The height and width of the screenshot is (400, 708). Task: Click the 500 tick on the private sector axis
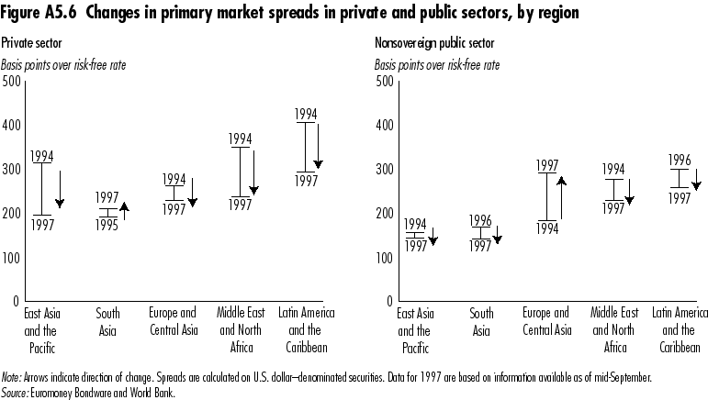(x=11, y=82)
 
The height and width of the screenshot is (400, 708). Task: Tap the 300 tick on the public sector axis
(x=384, y=170)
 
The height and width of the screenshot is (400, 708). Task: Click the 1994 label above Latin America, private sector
(x=306, y=115)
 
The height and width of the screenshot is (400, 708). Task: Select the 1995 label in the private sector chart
(x=108, y=225)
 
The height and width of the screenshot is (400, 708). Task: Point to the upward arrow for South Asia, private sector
(x=124, y=210)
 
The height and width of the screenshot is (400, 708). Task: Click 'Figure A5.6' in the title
(x=39, y=14)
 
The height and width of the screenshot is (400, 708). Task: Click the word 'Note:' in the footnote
(x=12, y=378)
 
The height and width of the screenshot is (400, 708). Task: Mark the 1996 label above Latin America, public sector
(x=680, y=160)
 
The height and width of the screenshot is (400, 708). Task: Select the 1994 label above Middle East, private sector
(x=241, y=139)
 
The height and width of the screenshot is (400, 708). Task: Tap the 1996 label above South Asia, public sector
(x=481, y=220)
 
